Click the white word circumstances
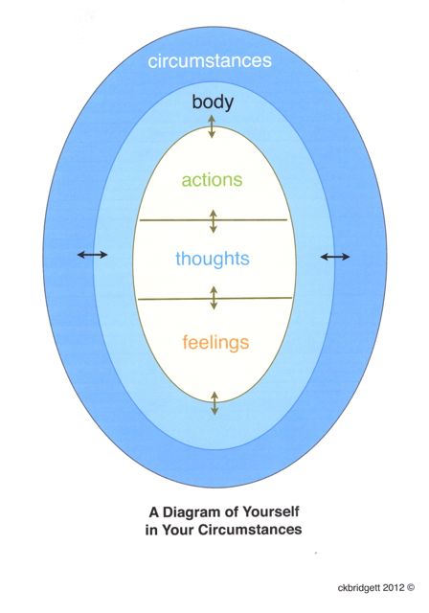(x=210, y=61)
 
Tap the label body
(x=213, y=102)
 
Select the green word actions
(x=213, y=180)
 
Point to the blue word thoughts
(x=213, y=259)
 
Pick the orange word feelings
(x=215, y=343)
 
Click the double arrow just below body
(x=212, y=126)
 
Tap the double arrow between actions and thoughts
(x=213, y=221)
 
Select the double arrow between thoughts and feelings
(x=214, y=298)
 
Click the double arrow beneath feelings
(x=214, y=403)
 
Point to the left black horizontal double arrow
(x=92, y=255)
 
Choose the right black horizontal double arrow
(x=335, y=257)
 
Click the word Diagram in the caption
(x=201, y=511)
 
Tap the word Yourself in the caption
(x=271, y=511)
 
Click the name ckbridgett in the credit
(x=359, y=587)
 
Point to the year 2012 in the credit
(x=394, y=587)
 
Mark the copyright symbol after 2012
(x=410, y=587)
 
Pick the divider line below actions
(x=214, y=220)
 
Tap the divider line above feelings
(x=214, y=299)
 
